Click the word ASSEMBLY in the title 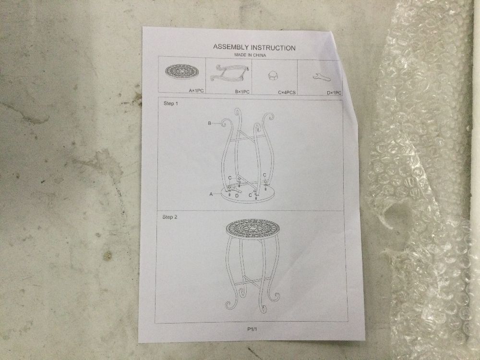pos(231,47)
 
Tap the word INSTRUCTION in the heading pos(273,48)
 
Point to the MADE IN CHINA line pos(250,55)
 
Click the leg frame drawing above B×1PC pos(229,74)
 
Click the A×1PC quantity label pos(196,91)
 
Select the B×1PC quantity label pos(242,92)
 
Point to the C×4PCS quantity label pos(287,92)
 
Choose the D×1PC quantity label pos(334,93)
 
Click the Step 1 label pos(170,104)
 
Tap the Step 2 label pos(169,217)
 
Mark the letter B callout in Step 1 pos(209,123)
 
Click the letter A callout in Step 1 pos(211,194)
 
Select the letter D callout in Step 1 pos(237,196)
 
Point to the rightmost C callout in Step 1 pos(265,175)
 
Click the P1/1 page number pos(252,329)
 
